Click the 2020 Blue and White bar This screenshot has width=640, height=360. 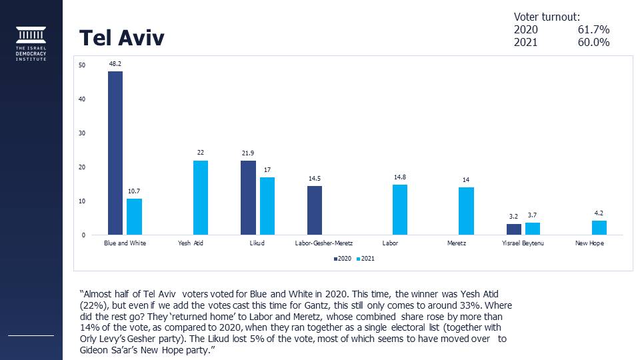(x=115, y=153)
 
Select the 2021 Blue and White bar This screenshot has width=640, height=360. (x=134, y=217)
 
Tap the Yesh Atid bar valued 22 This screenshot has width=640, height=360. (x=200, y=197)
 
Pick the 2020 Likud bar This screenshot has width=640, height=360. (x=248, y=197)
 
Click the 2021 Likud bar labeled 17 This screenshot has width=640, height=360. (x=267, y=206)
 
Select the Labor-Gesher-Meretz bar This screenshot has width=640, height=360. (x=315, y=210)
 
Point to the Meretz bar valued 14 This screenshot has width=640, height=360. (x=466, y=211)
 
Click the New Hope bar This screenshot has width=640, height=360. (x=599, y=227)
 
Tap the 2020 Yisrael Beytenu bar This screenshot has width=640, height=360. (x=514, y=229)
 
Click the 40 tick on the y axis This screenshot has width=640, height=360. (x=81, y=99)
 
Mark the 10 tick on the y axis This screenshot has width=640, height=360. (x=81, y=201)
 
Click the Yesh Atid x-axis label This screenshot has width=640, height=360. (x=191, y=243)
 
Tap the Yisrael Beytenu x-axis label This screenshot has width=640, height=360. (x=523, y=243)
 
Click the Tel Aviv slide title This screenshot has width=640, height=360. (x=122, y=38)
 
